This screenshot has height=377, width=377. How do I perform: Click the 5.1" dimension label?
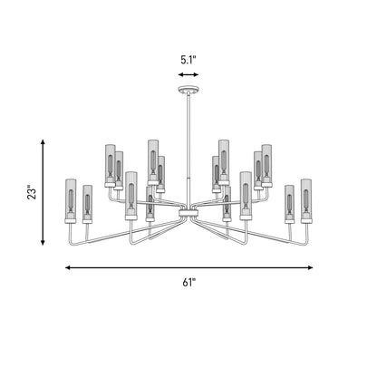pyautogui.click(x=188, y=60)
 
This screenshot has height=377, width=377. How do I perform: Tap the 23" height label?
pyautogui.click(x=32, y=192)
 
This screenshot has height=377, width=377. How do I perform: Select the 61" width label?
pyautogui.click(x=189, y=283)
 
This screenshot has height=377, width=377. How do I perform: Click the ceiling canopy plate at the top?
pyautogui.click(x=188, y=90)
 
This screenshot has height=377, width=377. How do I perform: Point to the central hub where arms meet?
pyautogui.click(x=188, y=214)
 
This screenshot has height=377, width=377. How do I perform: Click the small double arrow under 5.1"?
pyautogui.click(x=188, y=74)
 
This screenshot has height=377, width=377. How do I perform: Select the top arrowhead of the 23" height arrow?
pyautogui.click(x=43, y=142)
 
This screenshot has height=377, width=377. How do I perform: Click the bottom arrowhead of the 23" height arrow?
pyautogui.click(x=43, y=242)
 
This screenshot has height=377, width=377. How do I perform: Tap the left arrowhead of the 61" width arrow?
pyautogui.click(x=69, y=267)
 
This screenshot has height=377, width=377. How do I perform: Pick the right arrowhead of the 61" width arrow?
pyautogui.click(x=309, y=267)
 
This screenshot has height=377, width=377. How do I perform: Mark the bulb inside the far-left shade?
pyautogui.click(x=71, y=200)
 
